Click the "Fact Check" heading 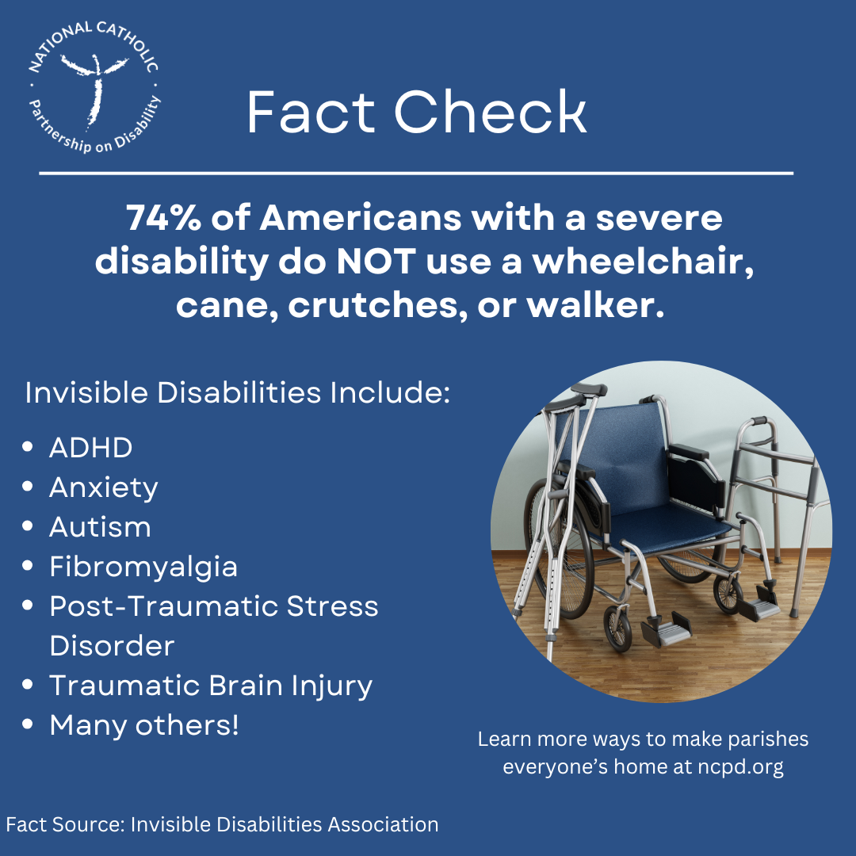(x=417, y=113)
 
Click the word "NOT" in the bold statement (x=375, y=262)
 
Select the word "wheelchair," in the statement (x=642, y=262)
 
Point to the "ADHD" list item (x=90, y=448)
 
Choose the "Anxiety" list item (x=104, y=487)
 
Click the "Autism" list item (x=100, y=527)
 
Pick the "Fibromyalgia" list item (x=143, y=567)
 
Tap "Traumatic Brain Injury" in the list (x=211, y=686)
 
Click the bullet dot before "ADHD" (x=29, y=448)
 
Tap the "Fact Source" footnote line (x=222, y=824)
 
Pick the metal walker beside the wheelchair (x=781, y=491)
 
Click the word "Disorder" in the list (x=112, y=646)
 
